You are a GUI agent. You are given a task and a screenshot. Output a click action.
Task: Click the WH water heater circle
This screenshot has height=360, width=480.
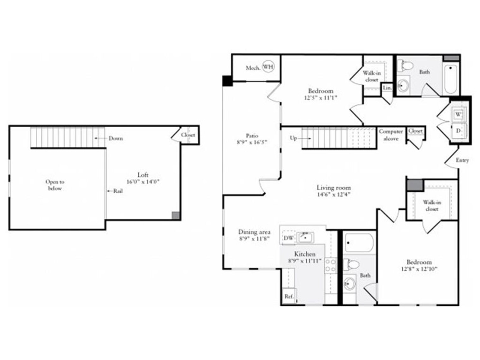[x=268, y=67]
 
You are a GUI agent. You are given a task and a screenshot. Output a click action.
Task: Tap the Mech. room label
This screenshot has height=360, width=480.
[x=253, y=68]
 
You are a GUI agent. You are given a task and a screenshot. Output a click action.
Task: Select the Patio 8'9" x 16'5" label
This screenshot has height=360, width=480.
[x=252, y=139]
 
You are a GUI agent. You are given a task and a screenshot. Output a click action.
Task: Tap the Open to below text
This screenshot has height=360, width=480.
[x=55, y=185]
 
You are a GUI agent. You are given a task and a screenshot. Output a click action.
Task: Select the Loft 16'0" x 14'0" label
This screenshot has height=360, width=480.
[x=143, y=178]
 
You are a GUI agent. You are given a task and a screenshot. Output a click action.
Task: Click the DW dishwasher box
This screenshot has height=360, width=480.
[x=288, y=238]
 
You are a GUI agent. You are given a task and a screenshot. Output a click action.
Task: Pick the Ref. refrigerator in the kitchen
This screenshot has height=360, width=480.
[x=289, y=296]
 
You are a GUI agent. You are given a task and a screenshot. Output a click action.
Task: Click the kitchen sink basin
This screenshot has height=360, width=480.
[x=305, y=237]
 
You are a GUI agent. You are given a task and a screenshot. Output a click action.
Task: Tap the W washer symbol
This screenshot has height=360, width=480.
[x=458, y=114]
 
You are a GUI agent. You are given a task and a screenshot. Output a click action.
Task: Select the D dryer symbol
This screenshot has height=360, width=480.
[x=458, y=130]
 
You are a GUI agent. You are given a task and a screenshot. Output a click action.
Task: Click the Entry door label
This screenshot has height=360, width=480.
[x=462, y=160]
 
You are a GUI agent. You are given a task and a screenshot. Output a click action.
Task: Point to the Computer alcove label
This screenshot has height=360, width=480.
[x=391, y=135]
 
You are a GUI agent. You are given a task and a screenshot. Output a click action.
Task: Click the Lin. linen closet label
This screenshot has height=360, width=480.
[x=387, y=88]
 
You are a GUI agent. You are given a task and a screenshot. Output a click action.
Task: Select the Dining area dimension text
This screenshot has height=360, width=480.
[x=254, y=239]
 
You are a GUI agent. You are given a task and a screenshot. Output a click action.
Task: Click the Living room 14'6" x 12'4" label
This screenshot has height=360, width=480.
[x=333, y=191]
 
